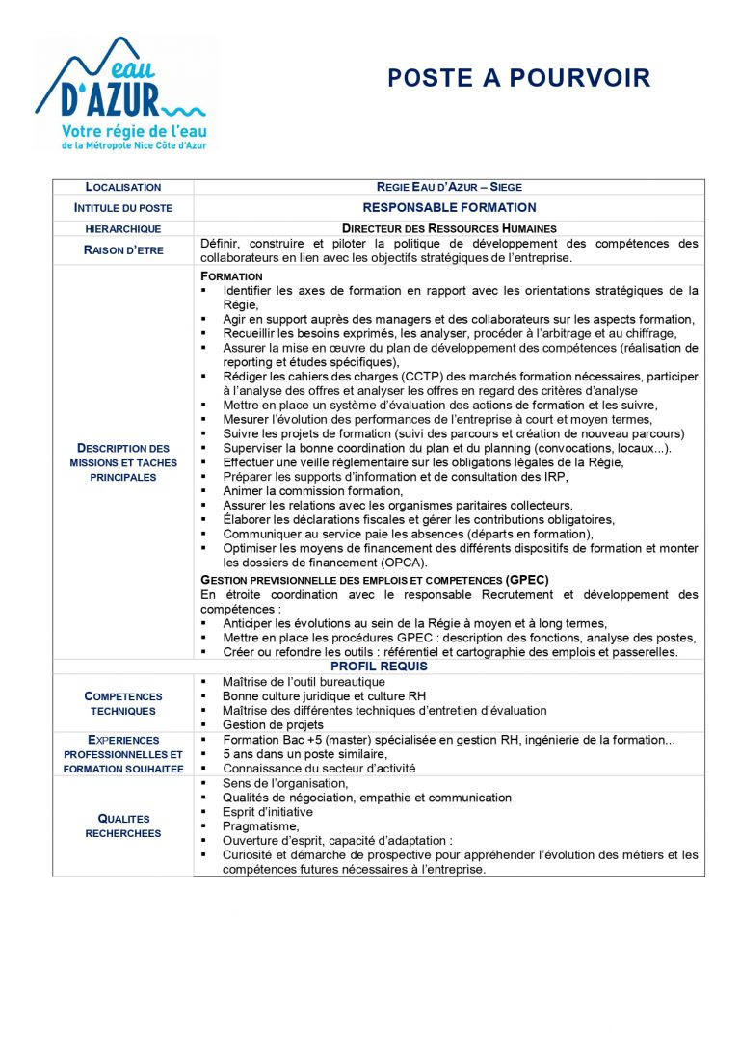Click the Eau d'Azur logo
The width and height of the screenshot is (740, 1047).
[122, 93]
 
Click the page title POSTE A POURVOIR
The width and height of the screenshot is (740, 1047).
[518, 78]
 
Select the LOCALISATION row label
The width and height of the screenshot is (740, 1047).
[123, 187]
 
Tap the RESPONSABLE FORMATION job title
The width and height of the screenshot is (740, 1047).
[449, 207]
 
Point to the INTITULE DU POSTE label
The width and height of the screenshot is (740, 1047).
[123, 207]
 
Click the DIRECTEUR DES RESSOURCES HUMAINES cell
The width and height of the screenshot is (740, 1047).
[449, 228]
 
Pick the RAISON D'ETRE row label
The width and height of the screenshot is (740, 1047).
[123, 250]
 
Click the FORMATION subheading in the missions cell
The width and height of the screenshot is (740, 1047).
[231, 276]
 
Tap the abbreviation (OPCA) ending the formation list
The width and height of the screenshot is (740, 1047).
[404, 563]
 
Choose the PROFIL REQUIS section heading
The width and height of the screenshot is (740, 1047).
[379, 667]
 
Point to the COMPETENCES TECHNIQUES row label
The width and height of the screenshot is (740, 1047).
[123, 703]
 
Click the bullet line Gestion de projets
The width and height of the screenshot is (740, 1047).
[273, 724]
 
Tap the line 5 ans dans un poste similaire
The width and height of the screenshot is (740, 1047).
[304, 754]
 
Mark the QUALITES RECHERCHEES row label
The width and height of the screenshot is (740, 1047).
[123, 825]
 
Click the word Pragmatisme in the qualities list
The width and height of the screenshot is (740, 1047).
[260, 825]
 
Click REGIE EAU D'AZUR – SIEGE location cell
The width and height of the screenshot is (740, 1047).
[449, 187]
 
